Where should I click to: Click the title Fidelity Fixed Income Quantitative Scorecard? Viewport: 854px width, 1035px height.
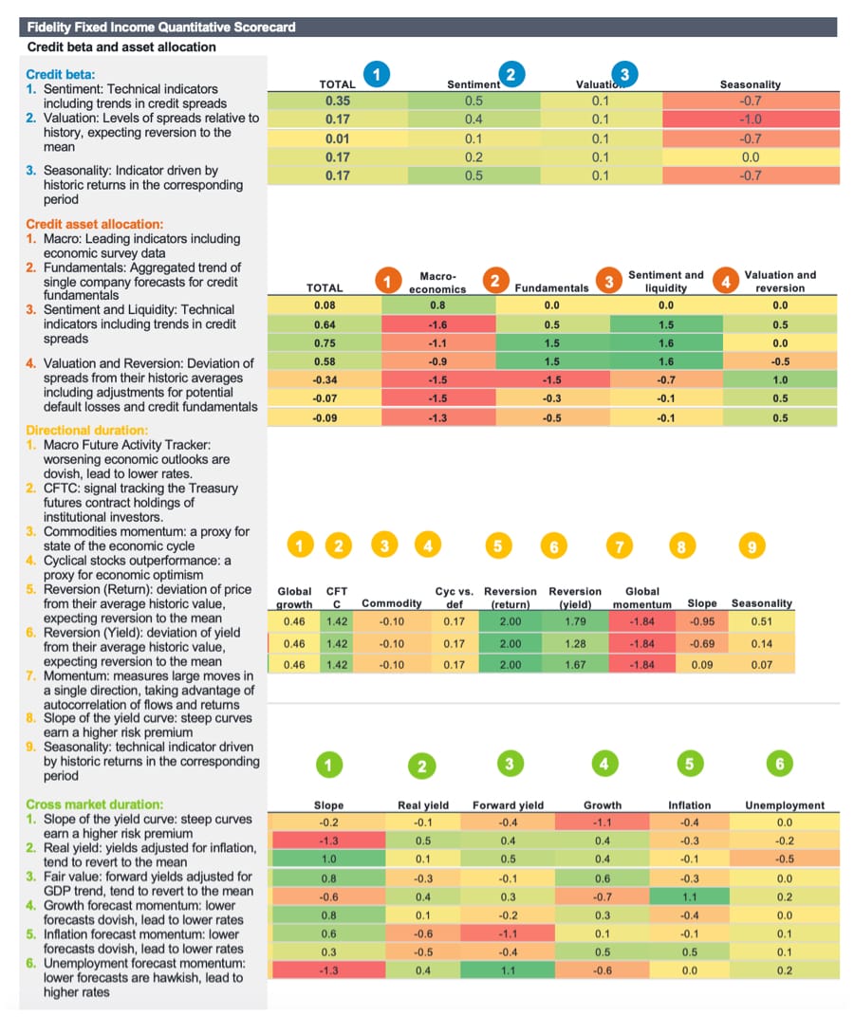[161, 28]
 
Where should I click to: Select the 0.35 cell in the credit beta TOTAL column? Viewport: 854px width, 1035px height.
[337, 101]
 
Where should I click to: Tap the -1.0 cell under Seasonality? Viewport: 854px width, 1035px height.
[750, 119]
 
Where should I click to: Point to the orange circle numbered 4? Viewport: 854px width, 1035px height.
[726, 281]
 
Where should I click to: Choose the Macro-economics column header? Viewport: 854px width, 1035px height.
[437, 282]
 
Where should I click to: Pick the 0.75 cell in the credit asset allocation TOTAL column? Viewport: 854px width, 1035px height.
[325, 343]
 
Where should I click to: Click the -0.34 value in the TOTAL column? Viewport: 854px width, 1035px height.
[325, 379]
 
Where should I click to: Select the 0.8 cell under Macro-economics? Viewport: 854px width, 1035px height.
[437, 305]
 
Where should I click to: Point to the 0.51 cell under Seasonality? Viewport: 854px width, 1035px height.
[761, 621]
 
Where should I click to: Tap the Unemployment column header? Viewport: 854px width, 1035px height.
[784, 805]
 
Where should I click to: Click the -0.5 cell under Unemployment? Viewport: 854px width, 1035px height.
[784, 859]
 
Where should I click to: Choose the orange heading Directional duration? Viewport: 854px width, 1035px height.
[86, 430]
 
